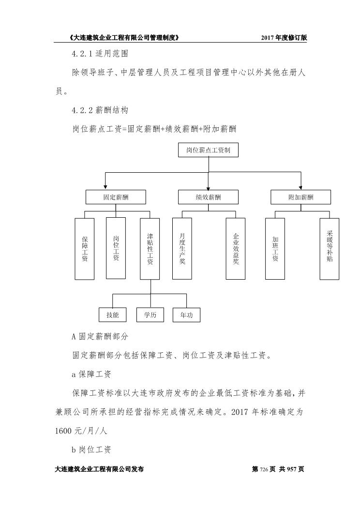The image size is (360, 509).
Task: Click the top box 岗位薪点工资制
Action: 208,150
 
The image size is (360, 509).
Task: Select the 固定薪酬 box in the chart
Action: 116,197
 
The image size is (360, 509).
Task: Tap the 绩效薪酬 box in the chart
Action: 208,197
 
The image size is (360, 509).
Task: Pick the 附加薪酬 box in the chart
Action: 300,197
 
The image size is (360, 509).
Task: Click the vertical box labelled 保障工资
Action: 84,249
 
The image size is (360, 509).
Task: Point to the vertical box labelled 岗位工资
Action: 116,248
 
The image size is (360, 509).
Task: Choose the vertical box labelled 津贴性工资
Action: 150,249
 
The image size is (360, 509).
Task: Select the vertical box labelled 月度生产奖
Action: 182,248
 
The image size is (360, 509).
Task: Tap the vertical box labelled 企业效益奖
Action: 235,249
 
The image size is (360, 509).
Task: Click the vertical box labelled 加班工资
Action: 275,249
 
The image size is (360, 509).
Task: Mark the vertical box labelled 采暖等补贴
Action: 329,249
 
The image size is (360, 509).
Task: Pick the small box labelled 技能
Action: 113,314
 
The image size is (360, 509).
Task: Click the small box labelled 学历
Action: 150,314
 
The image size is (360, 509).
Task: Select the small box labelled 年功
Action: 186,315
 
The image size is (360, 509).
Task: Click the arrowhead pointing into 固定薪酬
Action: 105,188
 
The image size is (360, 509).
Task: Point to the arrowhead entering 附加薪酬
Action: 300,188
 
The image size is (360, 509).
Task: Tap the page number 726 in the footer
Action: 264,469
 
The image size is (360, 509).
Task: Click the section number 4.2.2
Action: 82,110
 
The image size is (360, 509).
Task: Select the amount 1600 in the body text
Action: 63,431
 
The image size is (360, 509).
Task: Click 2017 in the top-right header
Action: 268,38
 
